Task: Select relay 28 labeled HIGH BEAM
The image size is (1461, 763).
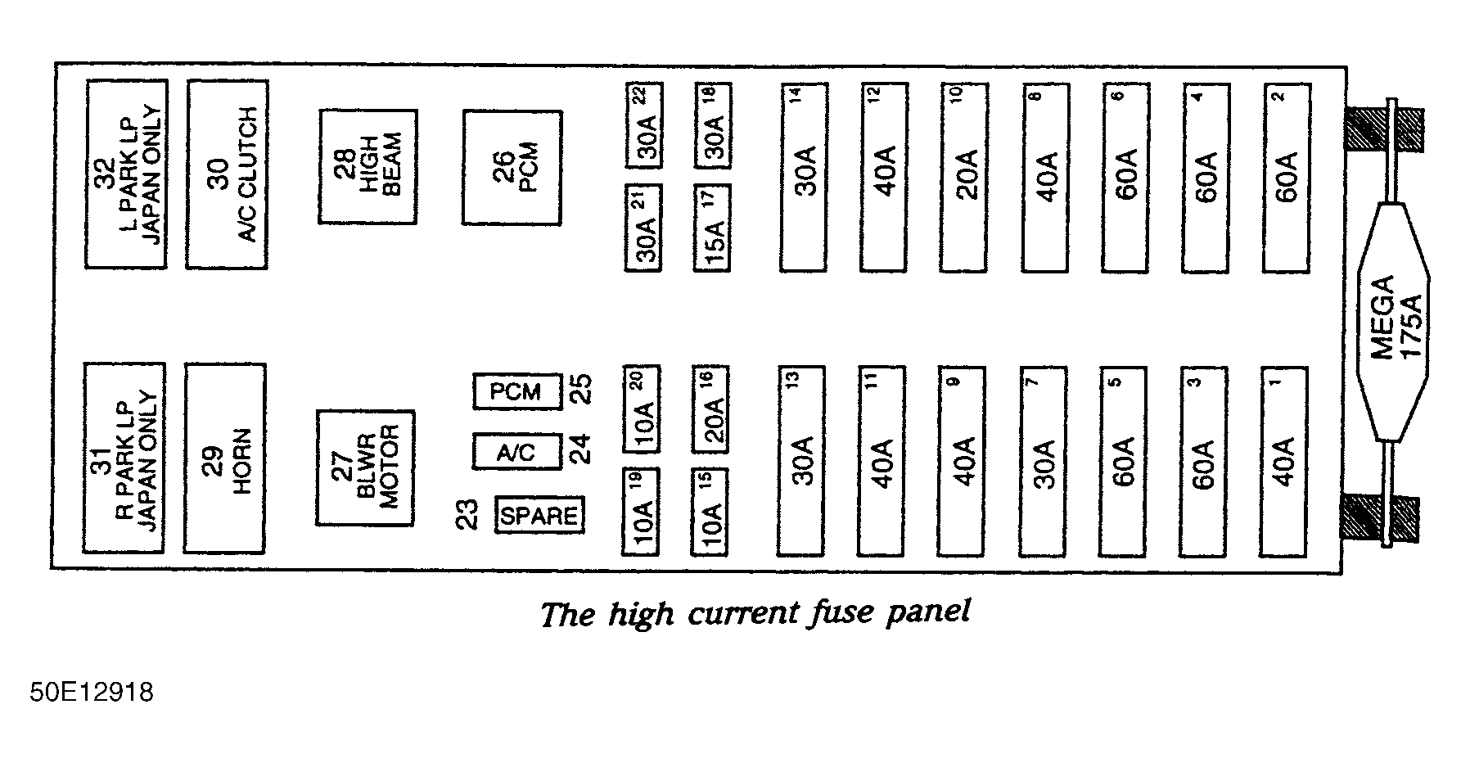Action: [368, 167]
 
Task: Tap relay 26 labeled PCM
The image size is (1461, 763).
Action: [512, 167]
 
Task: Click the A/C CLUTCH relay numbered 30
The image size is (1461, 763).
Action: [227, 174]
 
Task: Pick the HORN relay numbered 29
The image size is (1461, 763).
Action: [225, 458]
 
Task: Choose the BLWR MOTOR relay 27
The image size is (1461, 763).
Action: [366, 467]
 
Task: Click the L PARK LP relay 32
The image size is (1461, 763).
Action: [127, 174]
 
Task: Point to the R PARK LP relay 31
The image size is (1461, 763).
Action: [124, 458]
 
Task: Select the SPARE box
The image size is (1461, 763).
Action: [540, 515]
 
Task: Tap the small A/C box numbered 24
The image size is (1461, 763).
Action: [517, 451]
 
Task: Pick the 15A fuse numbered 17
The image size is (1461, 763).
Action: [712, 228]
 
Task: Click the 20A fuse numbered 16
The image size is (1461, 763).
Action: [710, 409]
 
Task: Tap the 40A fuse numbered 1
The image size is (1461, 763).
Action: [1283, 461]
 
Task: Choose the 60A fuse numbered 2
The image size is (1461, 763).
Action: [1287, 178]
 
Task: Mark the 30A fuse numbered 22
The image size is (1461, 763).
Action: [644, 125]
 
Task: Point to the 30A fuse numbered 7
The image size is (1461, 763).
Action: [1044, 461]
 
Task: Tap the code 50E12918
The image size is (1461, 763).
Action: [92, 693]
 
